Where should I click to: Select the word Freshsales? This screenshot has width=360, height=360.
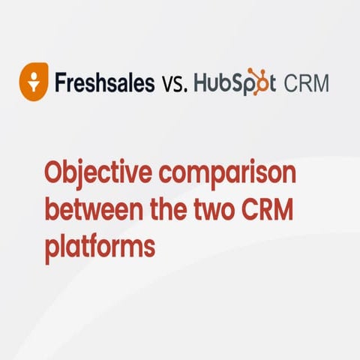(104, 81)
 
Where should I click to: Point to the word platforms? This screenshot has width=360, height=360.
(99, 247)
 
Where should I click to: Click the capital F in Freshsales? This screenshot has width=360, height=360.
(60, 81)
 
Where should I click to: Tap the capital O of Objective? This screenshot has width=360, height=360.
(55, 175)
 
